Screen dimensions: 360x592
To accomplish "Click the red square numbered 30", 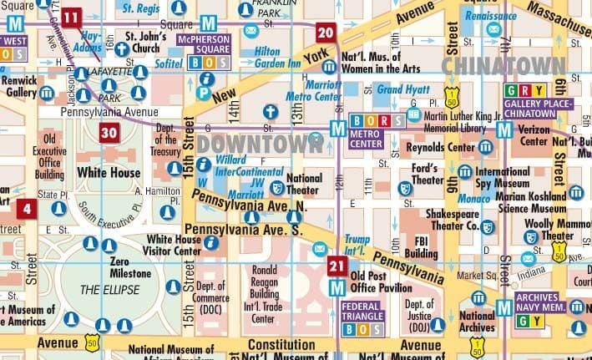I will [x=109, y=132].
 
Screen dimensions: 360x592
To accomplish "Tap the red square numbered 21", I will [x=336, y=266].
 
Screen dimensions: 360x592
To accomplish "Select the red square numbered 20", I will [x=326, y=33].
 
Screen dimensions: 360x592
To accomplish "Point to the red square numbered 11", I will [x=72, y=17].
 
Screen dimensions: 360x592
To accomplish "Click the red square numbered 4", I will [x=28, y=209].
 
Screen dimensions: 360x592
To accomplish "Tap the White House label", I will [x=109, y=172].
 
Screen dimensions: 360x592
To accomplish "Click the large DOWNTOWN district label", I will [x=261, y=143].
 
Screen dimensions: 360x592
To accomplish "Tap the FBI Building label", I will [x=422, y=248].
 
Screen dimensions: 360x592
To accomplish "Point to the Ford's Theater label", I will [x=428, y=174].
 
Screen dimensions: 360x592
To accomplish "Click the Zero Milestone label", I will [x=130, y=267].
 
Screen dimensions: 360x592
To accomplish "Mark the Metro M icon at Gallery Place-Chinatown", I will [x=503, y=129].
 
